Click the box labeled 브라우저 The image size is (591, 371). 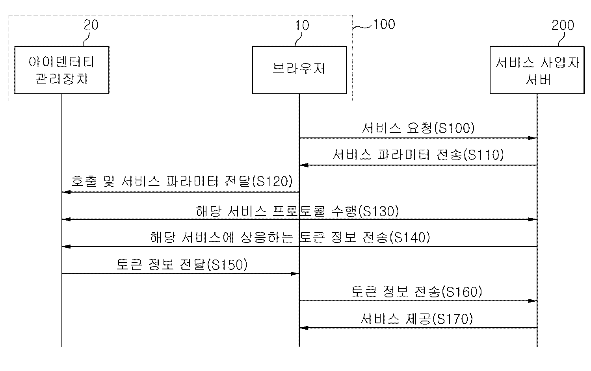pos(299,70)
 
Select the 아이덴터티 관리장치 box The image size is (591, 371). pos(61,70)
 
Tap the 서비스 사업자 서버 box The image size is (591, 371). pos(537,70)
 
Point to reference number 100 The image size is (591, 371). pos(384,24)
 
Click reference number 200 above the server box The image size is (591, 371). pos(563,25)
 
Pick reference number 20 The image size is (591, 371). pos(91,25)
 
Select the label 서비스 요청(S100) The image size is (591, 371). pos(418,128)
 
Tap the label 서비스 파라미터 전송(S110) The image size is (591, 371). pos(418,155)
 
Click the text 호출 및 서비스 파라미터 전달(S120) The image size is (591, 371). pos(182,182)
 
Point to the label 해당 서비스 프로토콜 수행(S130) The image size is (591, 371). pos(297,211)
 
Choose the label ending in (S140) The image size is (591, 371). pos(290,237)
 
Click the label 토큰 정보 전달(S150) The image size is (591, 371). pos(182,265)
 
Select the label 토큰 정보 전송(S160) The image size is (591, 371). pos(416,292)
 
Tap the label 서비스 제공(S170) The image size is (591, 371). pos(416,319)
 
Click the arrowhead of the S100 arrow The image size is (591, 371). pos(533,138)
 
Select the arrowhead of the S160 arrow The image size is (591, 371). pos(533,301)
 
